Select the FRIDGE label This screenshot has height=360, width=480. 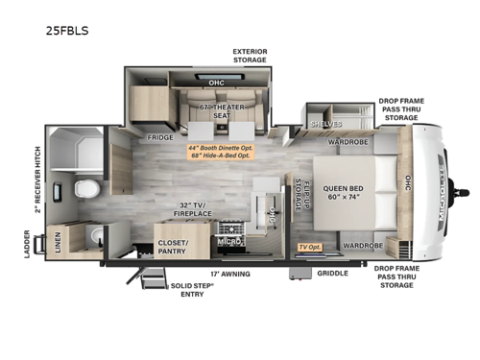(x=161, y=138)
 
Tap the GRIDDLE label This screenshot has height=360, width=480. (x=332, y=273)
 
